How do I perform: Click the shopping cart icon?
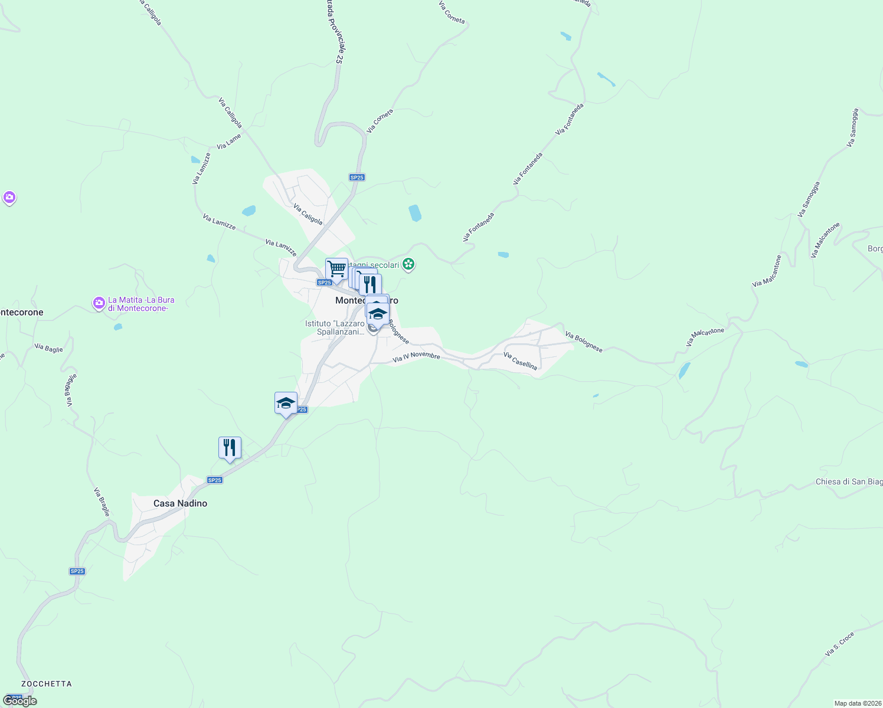pyautogui.click(x=336, y=269)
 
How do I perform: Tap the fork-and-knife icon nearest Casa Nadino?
pyautogui.click(x=230, y=448)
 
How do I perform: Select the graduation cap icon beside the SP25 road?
pyautogui.click(x=286, y=404)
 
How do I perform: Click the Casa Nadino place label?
pyautogui.click(x=180, y=503)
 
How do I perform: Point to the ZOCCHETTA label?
pyautogui.click(x=46, y=684)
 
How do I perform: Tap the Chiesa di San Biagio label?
pyautogui.click(x=849, y=482)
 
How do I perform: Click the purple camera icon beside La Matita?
pyautogui.click(x=99, y=303)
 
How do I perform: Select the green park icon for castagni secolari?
pyautogui.click(x=408, y=264)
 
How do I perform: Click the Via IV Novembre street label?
pyautogui.click(x=416, y=356)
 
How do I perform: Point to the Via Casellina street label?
pyautogui.click(x=520, y=361)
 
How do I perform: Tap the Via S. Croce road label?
pyautogui.click(x=839, y=645)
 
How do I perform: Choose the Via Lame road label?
pyautogui.click(x=229, y=142)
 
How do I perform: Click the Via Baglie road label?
pyautogui.click(x=48, y=348)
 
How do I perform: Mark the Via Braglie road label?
pyautogui.click(x=102, y=501)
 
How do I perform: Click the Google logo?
pyautogui.click(x=20, y=701)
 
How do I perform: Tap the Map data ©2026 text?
pyautogui.click(x=857, y=703)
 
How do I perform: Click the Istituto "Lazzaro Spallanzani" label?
pyautogui.click(x=335, y=328)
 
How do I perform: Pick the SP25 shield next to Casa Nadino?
pyautogui.click(x=214, y=480)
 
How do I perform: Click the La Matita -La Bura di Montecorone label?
pyautogui.click(x=142, y=304)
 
